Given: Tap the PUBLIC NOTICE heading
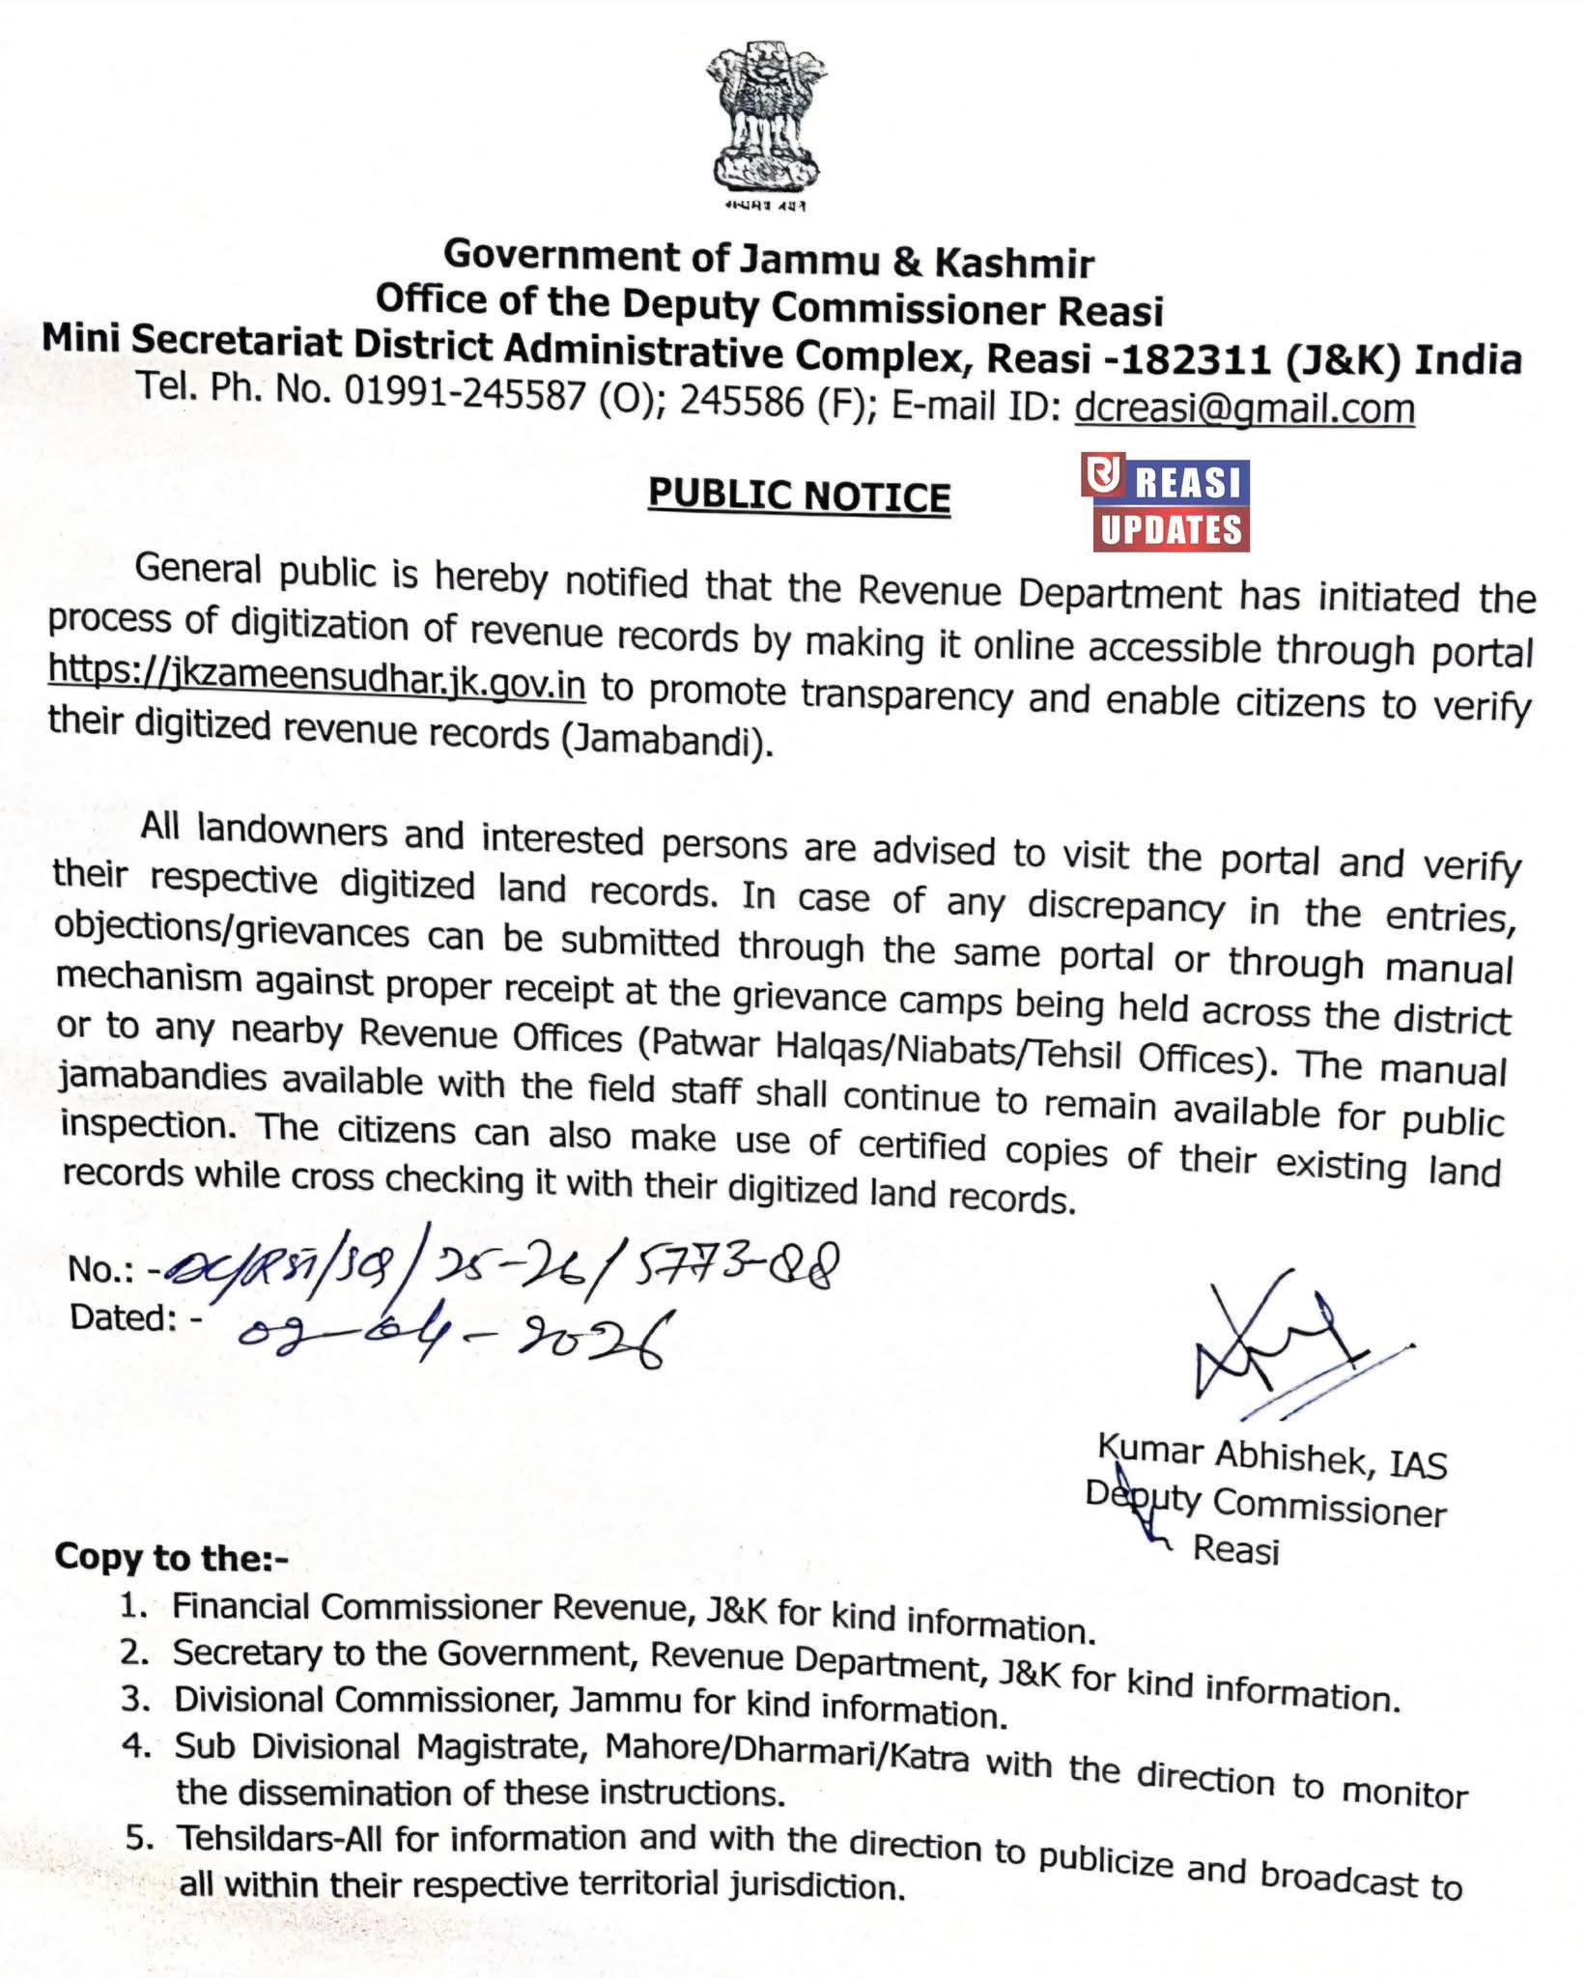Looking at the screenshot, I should pyautogui.click(x=799, y=495).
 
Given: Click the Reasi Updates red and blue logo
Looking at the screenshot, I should pyautogui.click(x=1171, y=505).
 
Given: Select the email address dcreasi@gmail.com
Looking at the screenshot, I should pyautogui.click(x=1244, y=409).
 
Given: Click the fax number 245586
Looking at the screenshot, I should pyautogui.click(x=742, y=401).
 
